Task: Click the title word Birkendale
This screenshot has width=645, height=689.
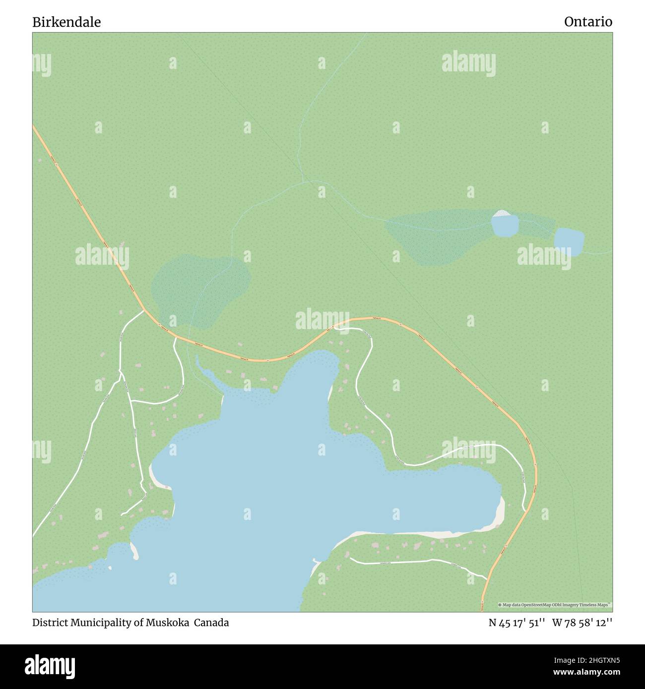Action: coord(66,22)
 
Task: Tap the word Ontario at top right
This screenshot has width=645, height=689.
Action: coord(588,22)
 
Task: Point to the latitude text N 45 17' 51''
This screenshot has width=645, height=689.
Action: coord(517,623)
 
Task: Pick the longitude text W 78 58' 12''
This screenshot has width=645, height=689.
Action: coord(582,623)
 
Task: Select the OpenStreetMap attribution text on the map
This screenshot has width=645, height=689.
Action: coord(555,605)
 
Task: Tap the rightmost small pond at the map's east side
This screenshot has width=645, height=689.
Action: coord(569,241)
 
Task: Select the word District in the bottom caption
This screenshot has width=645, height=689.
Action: coord(49,623)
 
